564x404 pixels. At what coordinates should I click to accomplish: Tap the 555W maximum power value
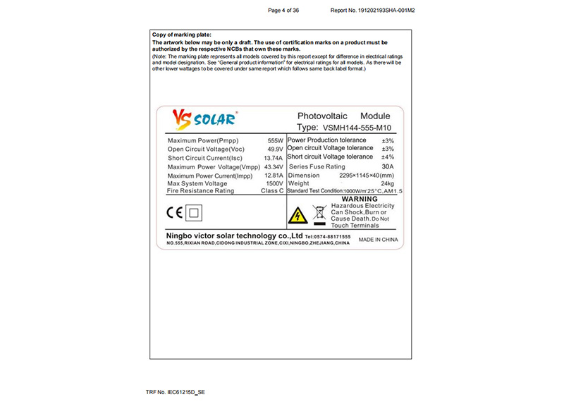275,141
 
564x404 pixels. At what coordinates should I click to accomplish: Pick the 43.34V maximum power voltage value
272,166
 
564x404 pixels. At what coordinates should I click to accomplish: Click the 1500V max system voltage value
274,183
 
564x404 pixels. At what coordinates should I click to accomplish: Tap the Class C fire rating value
271,191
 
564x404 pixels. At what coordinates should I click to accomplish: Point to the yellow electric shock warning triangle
298,214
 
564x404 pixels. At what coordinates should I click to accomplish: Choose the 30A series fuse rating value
387,166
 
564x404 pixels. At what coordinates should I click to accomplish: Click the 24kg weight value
386,183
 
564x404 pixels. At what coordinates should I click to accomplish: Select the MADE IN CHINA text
379,240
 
